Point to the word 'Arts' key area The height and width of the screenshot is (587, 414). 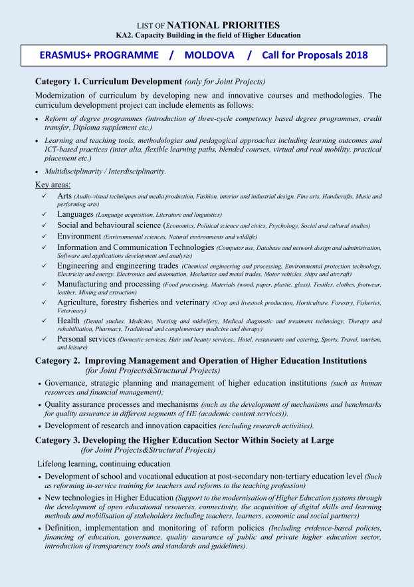[x=64, y=196]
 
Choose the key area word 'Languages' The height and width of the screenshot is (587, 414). [x=75, y=215]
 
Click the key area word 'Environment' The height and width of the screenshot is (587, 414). [x=79, y=236]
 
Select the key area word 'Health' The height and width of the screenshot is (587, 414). [x=68, y=321]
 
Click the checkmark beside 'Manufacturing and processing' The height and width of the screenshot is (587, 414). [x=43, y=285]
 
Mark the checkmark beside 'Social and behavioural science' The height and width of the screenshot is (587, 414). [x=43, y=225]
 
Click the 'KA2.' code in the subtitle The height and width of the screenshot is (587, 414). [x=125, y=35]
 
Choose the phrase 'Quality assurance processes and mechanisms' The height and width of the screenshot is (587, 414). [x=122, y=404]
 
